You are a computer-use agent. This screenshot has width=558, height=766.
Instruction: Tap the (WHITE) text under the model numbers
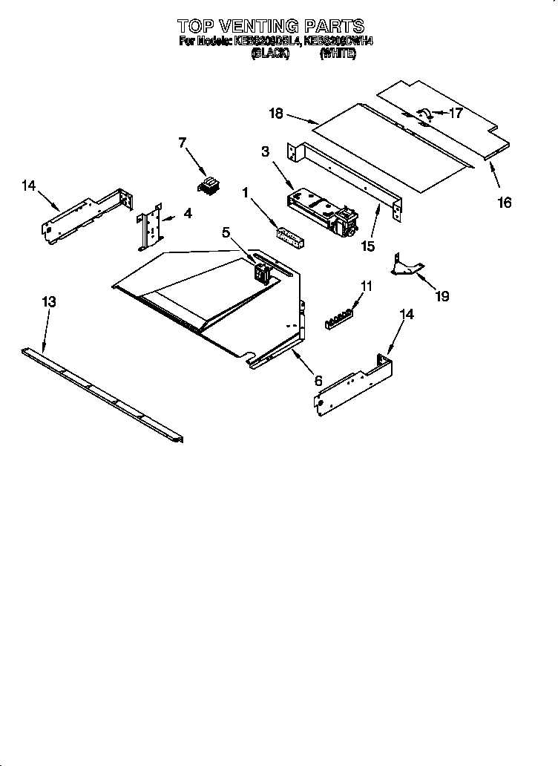pyautogui.click(x=338, y=54)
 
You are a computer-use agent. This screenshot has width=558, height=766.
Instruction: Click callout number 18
pyautogui.click(x=276, y=113)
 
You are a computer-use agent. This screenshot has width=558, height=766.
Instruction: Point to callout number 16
pyautogui.click(x=504, y=202)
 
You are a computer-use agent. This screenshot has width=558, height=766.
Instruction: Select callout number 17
pyautogui.click(x=455, y=114)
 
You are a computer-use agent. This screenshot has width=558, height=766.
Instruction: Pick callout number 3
pyautogui.click(x=265, y=152)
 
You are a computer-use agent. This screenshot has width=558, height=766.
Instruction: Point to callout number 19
pyautogui.click(x=442, y=296)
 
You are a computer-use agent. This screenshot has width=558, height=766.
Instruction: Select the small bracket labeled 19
pyautogui.click(x=407, y=266)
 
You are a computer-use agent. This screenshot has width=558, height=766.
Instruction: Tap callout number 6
pyautogui.click(x=318, y=380)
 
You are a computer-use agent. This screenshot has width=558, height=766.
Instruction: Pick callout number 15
pyautogui.click(x=367, y=244)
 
